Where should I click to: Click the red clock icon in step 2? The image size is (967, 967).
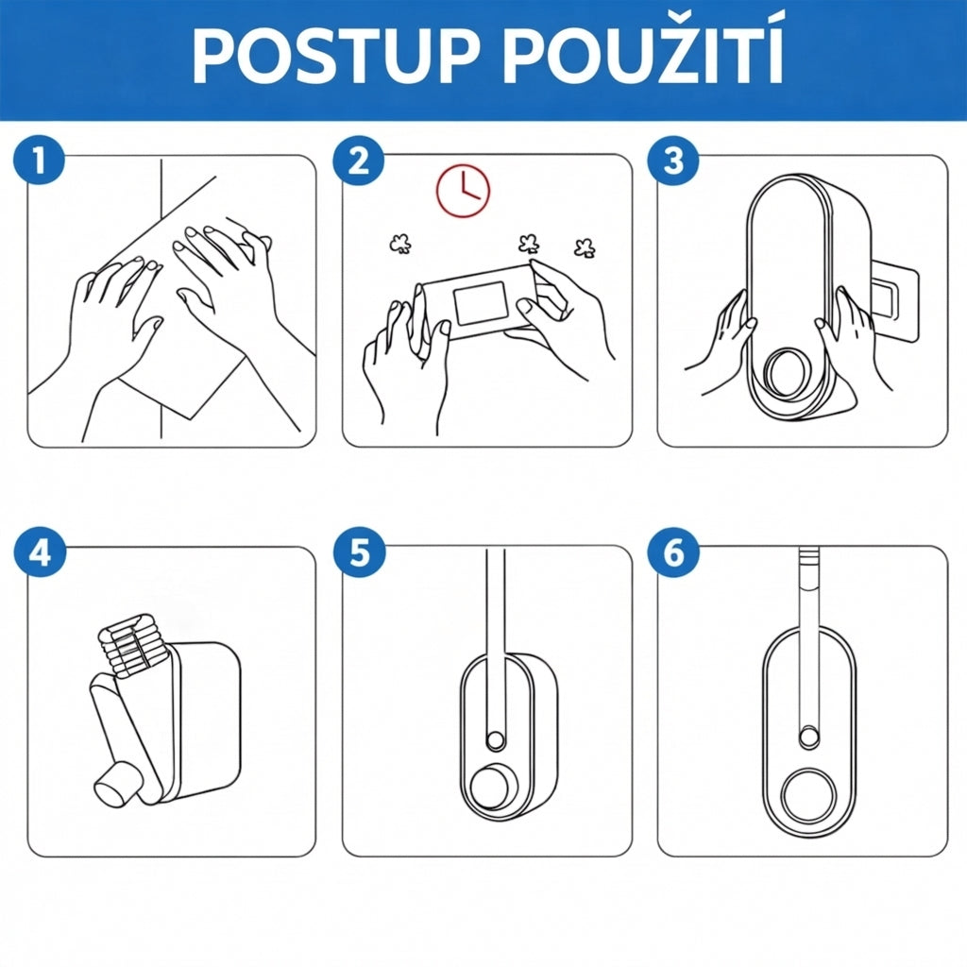pyautogui.click(x=463, y=191)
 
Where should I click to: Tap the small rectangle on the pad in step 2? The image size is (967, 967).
pyautogui.click(x=480, y=303)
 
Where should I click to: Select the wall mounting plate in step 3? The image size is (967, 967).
pyautogui.click(x=894, y=300)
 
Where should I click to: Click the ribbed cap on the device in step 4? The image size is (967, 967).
pyautogui.click(x=131, y=644)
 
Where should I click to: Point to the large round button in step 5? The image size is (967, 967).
pyautogui.click(x=495, y=788)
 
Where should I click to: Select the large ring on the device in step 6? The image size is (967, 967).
pyautogui.click(x=809, y=795)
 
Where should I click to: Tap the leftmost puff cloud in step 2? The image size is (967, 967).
pyautogui.click(x=400, y=245)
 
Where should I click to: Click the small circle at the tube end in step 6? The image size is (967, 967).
pyautogui.click(x=809, y=738)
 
